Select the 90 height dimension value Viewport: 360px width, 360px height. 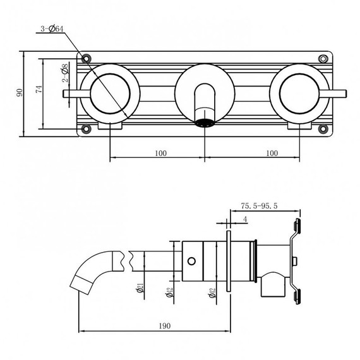(20, 93)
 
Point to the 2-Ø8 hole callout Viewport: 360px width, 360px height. (64, 74)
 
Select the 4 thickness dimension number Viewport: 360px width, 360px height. (244, 220)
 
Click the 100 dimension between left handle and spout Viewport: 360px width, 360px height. (160, 153)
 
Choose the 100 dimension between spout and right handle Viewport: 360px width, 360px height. (272, 153)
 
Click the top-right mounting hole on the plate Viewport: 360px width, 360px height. (323, 58)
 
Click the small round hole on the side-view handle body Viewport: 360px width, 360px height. (191, 260)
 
